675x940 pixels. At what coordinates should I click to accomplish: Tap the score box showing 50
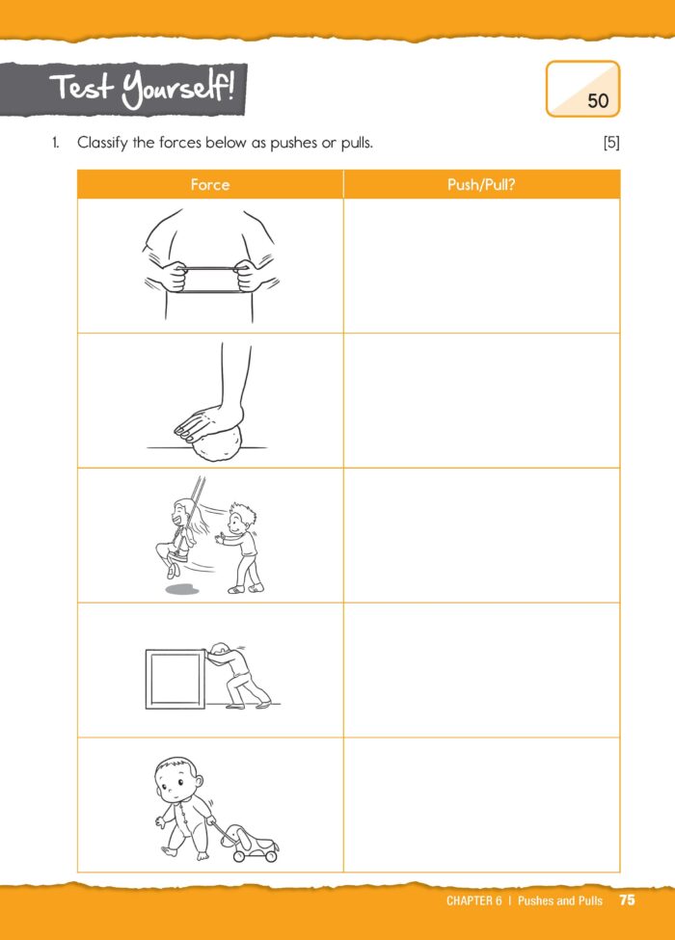click(x=582, y=89)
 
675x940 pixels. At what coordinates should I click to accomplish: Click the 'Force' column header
click(x=210, y=184)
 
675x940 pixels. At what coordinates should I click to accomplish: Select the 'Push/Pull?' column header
click(x=481, y=184)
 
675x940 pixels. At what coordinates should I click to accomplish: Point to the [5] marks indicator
click(x=610, y=144)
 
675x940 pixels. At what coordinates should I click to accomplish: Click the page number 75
click(x=628, y=900)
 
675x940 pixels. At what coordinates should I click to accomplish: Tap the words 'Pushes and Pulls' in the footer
click(x=559, y=900)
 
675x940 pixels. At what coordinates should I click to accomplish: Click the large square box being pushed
click(x=175, y=679)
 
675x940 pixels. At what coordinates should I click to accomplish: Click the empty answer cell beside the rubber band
click(x=481, y=266)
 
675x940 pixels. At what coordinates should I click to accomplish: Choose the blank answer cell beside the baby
click(x=481, y=805)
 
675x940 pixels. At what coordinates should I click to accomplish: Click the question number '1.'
click(x=57, y=144)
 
